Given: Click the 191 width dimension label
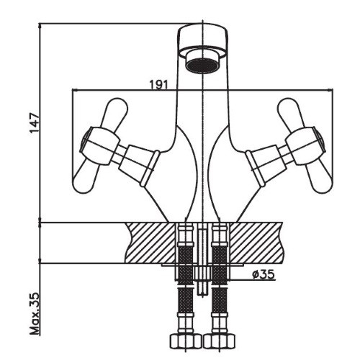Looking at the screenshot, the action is click(x=159, y=84).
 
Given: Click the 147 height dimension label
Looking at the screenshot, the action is click(x=34, y=122).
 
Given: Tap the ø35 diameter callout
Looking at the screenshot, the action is click(x=263, y=274).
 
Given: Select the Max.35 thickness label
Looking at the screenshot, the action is click(x=34, y=313).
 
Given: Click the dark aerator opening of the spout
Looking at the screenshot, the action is click(x=202, y=65).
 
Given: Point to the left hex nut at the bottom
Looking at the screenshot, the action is click(x=186, y=343).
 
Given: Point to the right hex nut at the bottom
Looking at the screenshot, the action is click(x=220, y=343).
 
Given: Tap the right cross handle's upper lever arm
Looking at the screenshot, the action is click(x=289, y=113).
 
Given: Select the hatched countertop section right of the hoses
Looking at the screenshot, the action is click(x=256, y=243).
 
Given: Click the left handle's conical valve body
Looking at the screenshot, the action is click(x=139, y=165).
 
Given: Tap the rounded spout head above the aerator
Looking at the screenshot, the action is click(x=202, y=38).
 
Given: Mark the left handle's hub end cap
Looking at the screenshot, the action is click(x=86, y=142).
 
